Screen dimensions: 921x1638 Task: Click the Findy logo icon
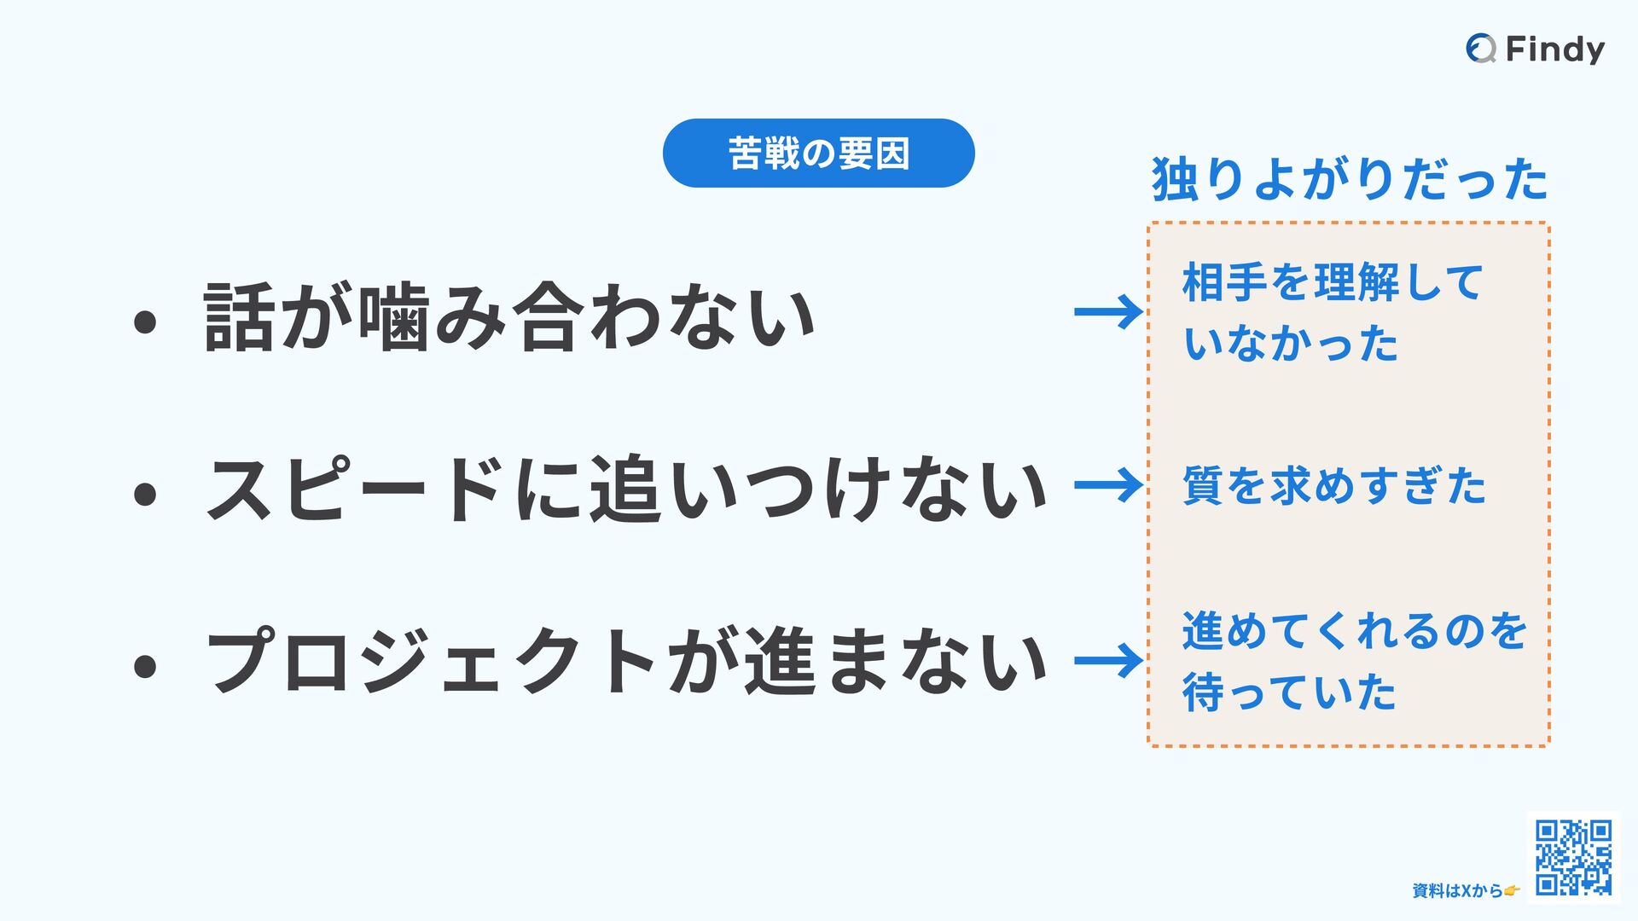tap(1481, 49)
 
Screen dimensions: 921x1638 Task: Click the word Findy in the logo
tap(1554, 49)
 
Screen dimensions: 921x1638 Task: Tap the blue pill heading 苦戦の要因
tap(818, 153)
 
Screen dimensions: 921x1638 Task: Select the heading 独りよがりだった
tap(1350, 180)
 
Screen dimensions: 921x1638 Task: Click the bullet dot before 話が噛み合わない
tap(145, 322)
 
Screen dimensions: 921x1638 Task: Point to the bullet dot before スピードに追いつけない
tap(145, 494)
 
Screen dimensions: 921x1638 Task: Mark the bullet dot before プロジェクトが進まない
tap(145, 666)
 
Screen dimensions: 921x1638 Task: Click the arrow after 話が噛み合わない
tap(1108, 312)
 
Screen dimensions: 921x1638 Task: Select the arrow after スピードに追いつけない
tap(1108, 485)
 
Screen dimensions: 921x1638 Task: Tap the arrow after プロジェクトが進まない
tap(1108, 661)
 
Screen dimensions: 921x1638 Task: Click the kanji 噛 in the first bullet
tap(393, 317)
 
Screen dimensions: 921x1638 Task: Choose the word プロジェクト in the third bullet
tap(431, 662)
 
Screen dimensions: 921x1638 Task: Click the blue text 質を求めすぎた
tap(1334, 486)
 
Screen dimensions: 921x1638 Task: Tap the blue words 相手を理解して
tap(1333, 282)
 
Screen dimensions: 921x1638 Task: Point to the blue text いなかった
tap(1291, 344)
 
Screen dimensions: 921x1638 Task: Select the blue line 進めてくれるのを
tap(1354, 631)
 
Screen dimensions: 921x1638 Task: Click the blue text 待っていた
tap(1289, 692)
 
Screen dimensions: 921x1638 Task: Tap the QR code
tap(1573, 857)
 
